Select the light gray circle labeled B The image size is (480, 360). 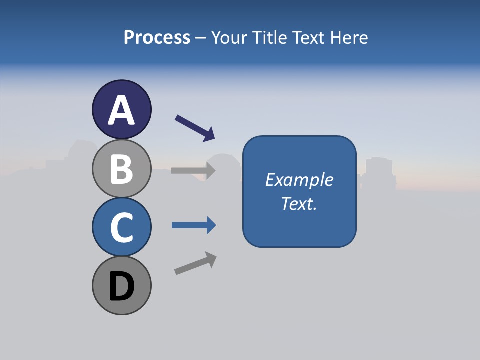tap(121, 169)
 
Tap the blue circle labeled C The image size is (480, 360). tap(121, 227)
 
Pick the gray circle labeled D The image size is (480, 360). tap(121, 285)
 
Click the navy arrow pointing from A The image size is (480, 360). tap(195, 128)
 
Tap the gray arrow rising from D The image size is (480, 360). tap(195, 263)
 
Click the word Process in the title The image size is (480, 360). tap(157, 37)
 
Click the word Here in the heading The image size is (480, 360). tap(349, 37)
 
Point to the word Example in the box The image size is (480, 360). tap(299, 180)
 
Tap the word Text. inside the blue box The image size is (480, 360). tap(299, 203)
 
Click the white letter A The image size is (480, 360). tap(121, 110)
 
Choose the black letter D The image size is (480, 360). tap(121, 286)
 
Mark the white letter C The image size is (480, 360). tap(121, 228)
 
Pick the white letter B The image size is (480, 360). tap(121, 169)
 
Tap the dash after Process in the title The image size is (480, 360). tap(200, 38)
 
